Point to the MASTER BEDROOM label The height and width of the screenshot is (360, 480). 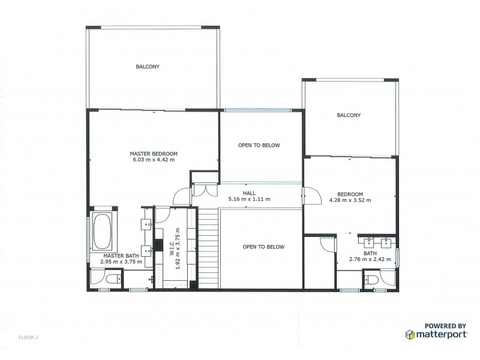click(154, 154)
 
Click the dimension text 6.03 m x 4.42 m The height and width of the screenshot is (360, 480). click(154, 160)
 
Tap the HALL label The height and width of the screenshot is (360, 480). click(249, 193)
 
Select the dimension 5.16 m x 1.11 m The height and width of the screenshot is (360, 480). click(249, 199)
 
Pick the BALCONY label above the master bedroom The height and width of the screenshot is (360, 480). click(148, 67)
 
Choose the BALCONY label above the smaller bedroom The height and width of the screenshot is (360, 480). click(349, 115)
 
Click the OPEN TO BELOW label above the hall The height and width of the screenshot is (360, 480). click(259, 145)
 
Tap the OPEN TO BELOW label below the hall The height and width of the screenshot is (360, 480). click(263, 247)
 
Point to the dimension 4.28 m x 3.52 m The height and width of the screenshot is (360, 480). click(350, 200)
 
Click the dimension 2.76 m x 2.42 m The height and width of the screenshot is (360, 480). click(370, 260)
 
